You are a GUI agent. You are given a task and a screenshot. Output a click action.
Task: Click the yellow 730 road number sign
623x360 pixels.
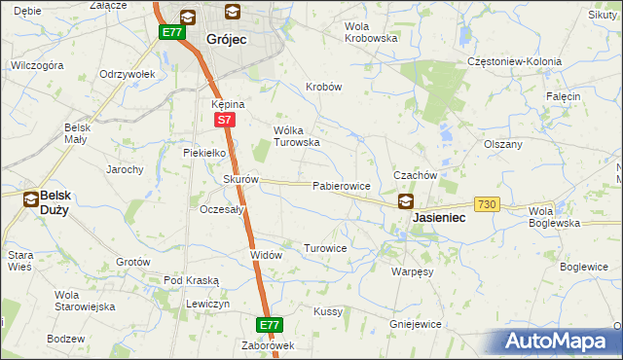pos(488,203)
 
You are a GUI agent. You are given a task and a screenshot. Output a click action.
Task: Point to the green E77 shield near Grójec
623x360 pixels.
pos(172,32)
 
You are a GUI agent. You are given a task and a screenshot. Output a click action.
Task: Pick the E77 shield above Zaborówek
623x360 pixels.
pos(271,324)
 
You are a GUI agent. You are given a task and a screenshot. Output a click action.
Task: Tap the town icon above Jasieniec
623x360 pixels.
pos(405,201)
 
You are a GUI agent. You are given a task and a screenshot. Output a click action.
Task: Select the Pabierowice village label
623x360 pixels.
pos(341,185)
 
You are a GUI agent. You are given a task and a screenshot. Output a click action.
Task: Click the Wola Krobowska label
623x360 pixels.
pos(372,32)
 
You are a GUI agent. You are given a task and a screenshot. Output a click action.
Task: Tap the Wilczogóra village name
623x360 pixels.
pos(37,65)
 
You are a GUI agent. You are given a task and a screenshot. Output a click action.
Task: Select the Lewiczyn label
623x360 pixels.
pos(208,305)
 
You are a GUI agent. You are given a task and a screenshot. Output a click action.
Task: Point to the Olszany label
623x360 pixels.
pos(503,143)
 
